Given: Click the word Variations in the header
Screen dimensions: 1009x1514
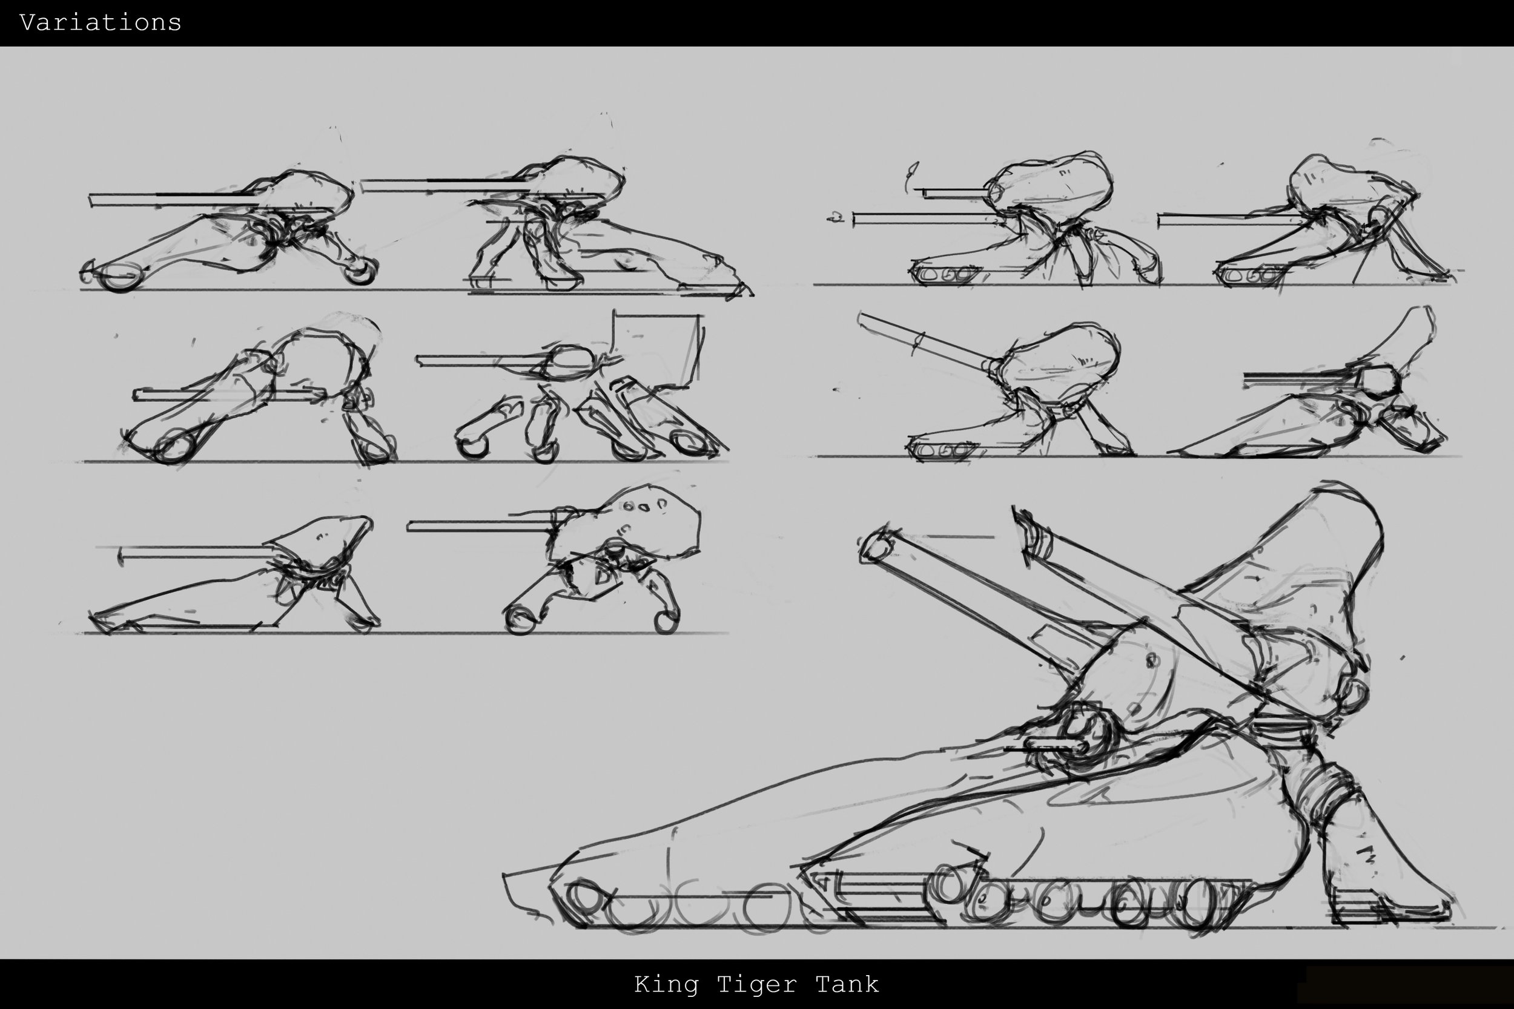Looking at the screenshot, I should (101, 22).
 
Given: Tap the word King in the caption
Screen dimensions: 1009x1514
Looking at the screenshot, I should (666, 984).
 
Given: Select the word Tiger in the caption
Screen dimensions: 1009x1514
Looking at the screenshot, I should (756, 984).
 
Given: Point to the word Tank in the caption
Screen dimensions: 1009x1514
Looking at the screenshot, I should (847, 984).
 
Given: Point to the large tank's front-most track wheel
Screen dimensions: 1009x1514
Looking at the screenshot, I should (583, 898).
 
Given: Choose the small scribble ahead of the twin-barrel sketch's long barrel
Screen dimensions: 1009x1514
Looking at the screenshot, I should (836, 217).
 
